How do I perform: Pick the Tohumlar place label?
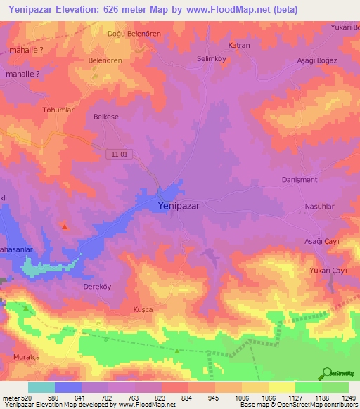(x=58, y=110)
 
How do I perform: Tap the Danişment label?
(x=300, y=180)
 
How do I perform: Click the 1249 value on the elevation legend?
(x=341, y=398)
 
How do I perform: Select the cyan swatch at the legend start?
(x=41, y=387)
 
